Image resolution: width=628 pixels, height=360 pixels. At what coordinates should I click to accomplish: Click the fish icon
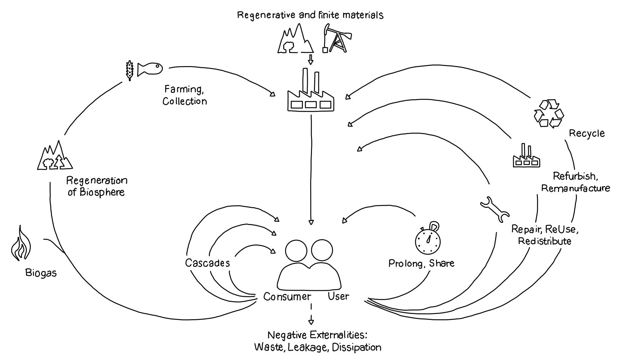[150, 69]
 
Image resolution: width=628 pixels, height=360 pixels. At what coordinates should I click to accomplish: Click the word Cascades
[207, 263]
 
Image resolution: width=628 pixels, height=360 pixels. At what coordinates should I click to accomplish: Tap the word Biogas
[41, 273]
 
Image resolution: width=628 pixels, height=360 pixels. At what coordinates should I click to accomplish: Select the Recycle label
[587, 133]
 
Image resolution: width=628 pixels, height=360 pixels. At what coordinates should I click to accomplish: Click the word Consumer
[287, 297]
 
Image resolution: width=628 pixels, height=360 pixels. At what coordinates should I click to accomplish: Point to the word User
[339, 296]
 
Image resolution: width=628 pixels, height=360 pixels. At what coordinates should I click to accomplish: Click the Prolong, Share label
[421, 263]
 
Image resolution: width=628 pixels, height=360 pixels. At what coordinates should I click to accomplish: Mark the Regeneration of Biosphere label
[97, 186]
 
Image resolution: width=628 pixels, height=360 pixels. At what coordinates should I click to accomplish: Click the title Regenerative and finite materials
[310, 15]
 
